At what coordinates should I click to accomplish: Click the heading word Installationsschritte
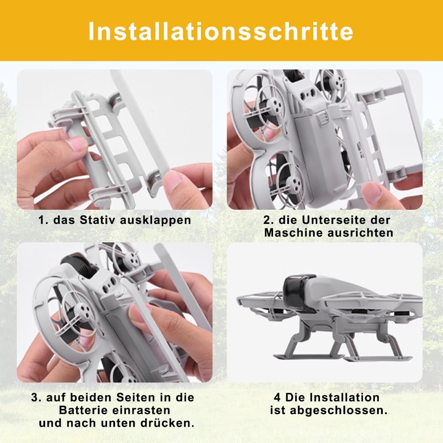[221, 31]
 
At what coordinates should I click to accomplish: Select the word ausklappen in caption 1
[156, 220]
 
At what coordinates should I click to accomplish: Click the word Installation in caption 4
[344, 397]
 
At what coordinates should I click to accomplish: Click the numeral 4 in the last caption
[277, 397]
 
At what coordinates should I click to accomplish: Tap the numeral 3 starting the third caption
[35, 397]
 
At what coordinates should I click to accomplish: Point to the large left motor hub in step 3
[84, 312]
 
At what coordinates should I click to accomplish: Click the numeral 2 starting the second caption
[267, 220]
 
